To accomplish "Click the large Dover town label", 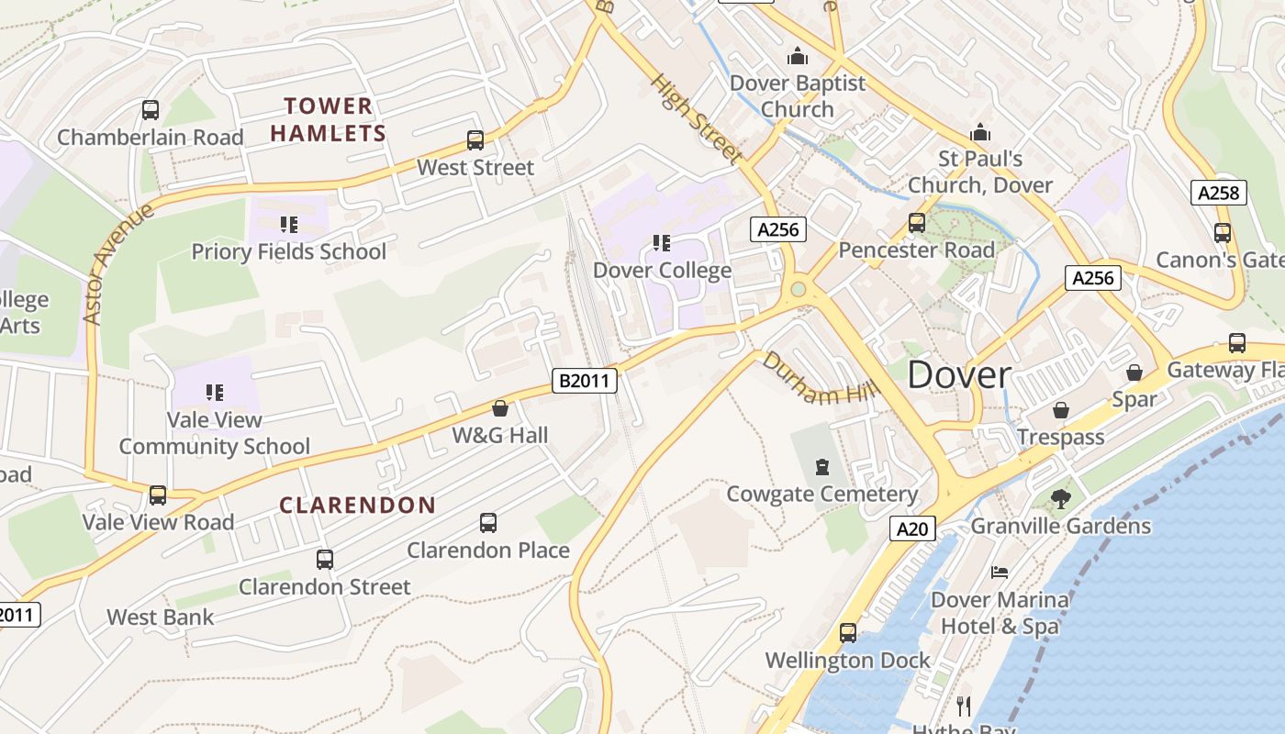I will pos(959,375).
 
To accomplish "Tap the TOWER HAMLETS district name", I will pos(328,119).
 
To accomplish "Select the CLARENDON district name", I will pos(357,506).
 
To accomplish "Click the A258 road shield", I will pos(1219,193).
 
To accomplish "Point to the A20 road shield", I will pos(912,528).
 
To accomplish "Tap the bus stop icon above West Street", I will pos(475,140).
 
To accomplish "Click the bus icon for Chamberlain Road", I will pos(151,110).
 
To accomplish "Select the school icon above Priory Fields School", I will pos(289,225).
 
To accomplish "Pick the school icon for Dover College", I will pos(662,243).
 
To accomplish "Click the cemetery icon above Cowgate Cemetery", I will pos(821,467).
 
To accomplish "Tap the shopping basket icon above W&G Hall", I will pos(500,408).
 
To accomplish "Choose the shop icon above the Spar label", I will pos(1134,373).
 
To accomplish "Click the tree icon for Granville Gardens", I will pos(1060,499).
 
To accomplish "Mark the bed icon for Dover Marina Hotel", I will pos(1000,573).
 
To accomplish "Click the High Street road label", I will pos(697,120).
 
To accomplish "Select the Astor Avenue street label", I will pos(117,264).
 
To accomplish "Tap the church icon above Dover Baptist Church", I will pos(798,57).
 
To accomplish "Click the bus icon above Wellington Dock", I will pos(848,633).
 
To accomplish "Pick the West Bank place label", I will pos(161,617).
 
